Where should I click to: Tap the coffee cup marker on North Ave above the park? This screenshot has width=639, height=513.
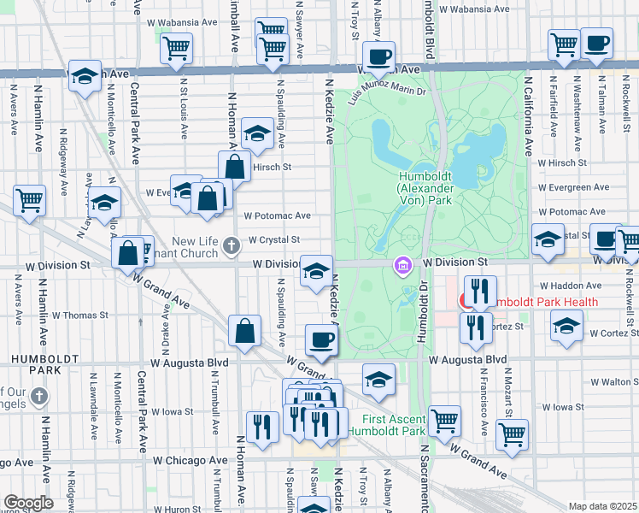point(378,58)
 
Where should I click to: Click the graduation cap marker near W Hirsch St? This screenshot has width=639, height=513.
point(257,133)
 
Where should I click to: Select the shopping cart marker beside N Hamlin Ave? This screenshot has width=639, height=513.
point(29,201)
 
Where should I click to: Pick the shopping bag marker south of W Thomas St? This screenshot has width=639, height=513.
point(245,332)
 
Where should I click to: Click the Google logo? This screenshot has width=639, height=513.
point(28,503)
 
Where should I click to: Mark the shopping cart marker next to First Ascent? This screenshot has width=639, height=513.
point(444,420)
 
